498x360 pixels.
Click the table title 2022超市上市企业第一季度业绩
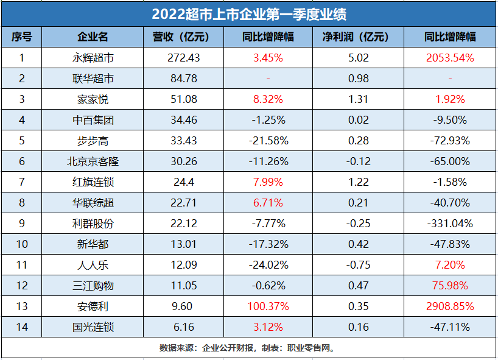click(x=249, y=13)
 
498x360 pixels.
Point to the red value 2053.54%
click(x=451, y=58)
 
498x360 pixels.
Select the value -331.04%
click(x=451, y=224)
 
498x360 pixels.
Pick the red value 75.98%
click(x=451, y=286)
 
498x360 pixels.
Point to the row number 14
click(x=22, y=327)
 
